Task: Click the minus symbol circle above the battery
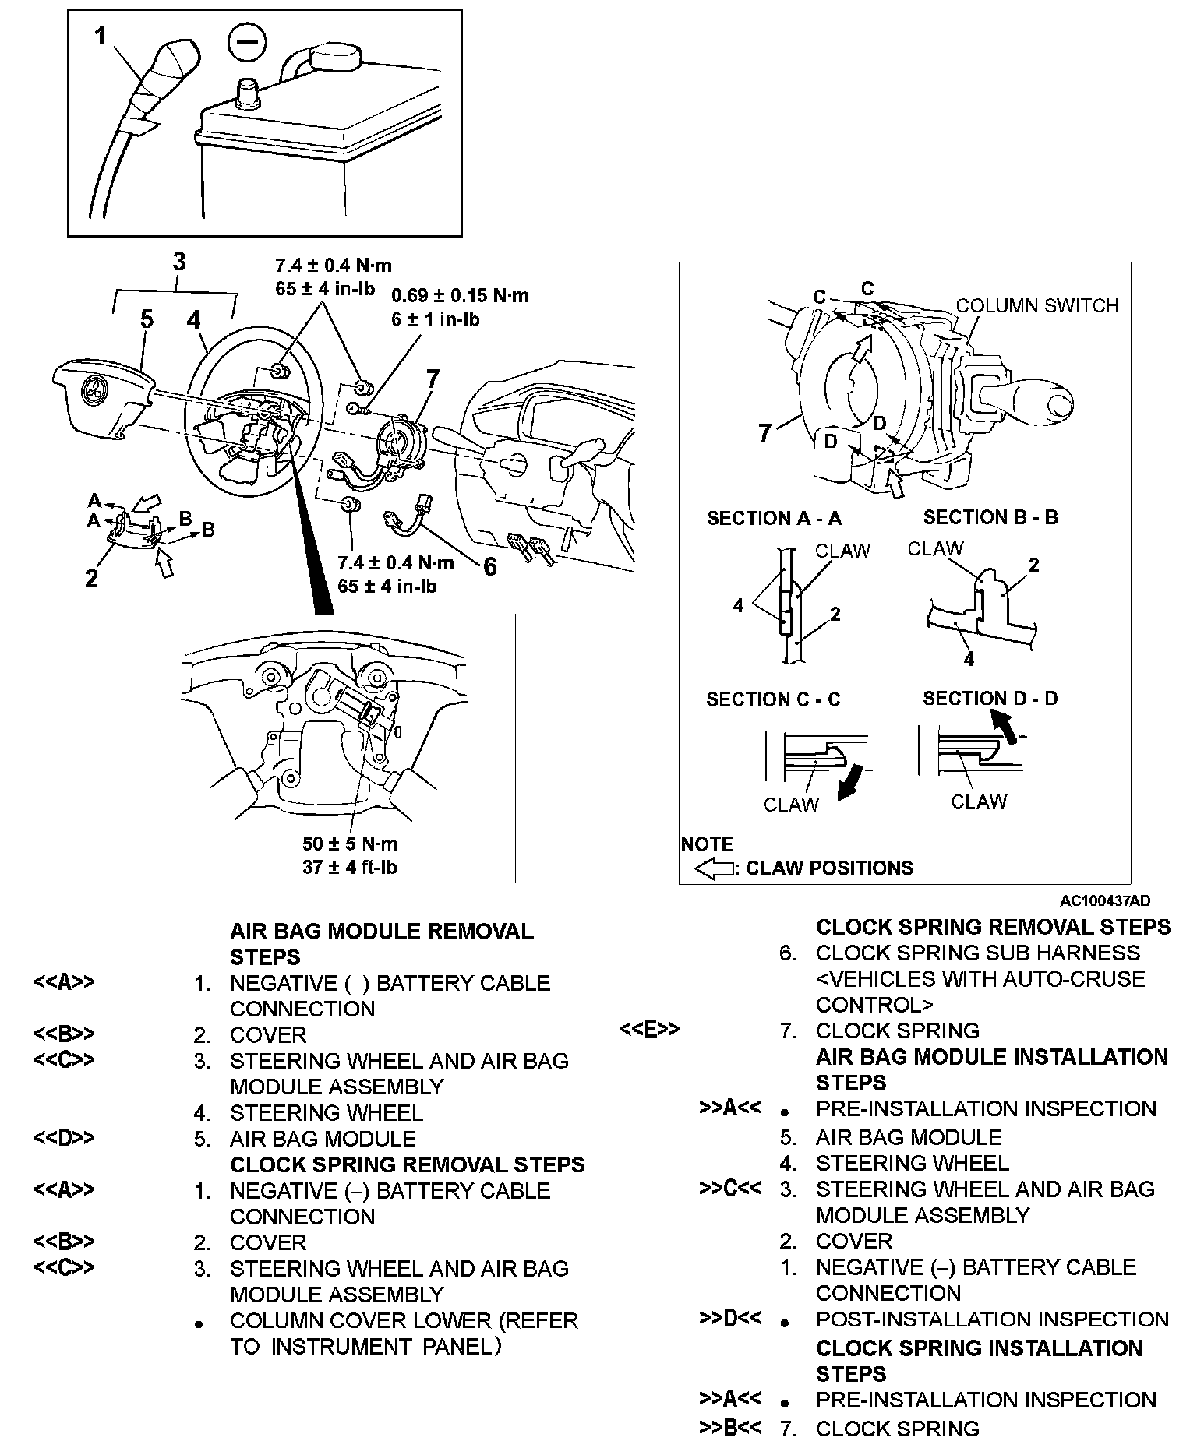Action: (246, 44)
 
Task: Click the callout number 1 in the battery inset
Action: (100, 37)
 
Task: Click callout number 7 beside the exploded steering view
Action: (432, 379)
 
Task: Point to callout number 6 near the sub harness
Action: (489, 566)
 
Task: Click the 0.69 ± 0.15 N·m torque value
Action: (460, 296)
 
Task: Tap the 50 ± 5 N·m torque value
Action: (350, 844)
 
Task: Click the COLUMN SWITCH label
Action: (1037, 305)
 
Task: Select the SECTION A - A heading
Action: (774, 518)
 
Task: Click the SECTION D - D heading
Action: (990, 698)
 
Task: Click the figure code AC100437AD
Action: (1104, 901)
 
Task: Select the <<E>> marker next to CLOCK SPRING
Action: (650, 1030)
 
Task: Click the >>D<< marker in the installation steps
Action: (729, 1319)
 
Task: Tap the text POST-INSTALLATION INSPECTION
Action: (992, 1319)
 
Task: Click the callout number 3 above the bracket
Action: (178, 262)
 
